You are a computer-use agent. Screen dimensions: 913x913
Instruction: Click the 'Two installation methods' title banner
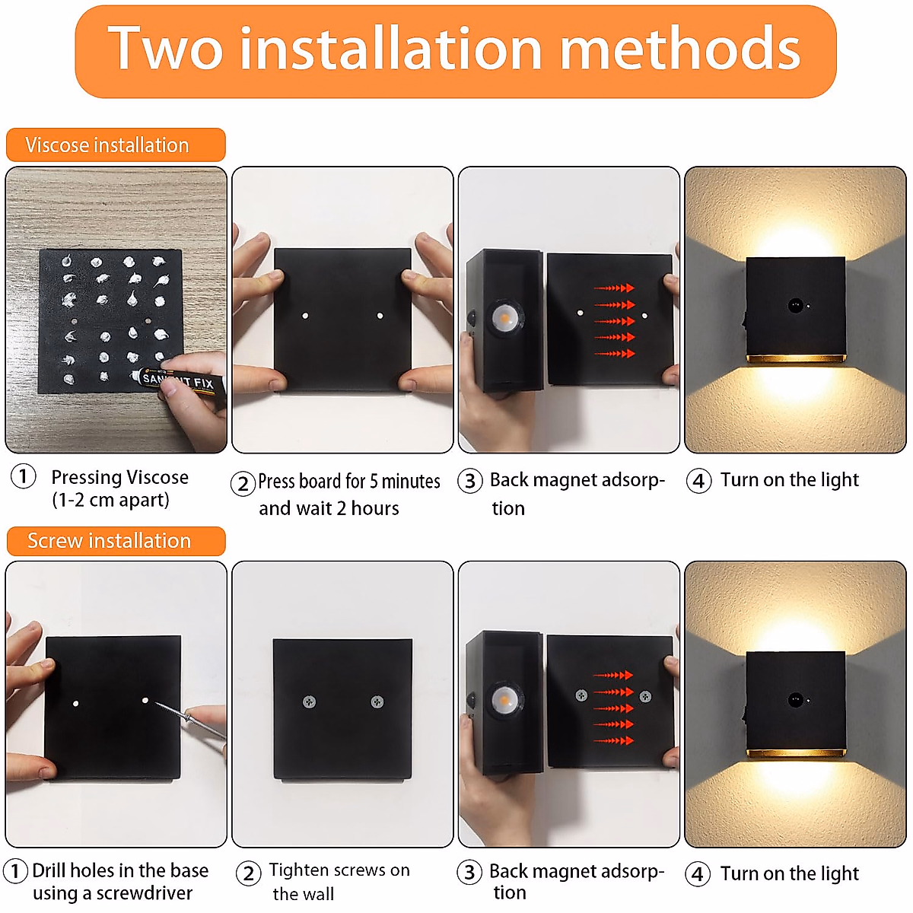[455, 50]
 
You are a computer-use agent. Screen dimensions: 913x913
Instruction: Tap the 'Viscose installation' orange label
[115, 145]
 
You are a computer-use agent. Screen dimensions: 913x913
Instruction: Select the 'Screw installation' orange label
[115, 541]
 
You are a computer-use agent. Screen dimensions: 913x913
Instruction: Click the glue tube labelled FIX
[183, 380]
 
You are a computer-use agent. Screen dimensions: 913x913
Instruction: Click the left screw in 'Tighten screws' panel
[309, 701]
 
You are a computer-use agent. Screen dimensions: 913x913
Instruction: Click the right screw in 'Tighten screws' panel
[377, 701]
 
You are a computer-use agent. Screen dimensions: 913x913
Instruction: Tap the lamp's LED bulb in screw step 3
[501, 698]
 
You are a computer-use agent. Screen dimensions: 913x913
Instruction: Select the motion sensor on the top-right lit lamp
[795, 306]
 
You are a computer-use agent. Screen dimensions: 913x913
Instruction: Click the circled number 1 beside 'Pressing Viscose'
[23, 477]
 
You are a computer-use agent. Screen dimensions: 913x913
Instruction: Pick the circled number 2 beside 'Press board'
[243, 483]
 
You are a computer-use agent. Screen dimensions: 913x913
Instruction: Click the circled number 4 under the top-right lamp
[698, 481]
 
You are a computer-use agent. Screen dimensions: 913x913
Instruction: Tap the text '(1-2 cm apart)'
[110, 501]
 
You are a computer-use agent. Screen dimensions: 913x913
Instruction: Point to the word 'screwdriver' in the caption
[144, 893]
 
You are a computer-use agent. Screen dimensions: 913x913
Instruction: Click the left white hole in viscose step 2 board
[304, 315]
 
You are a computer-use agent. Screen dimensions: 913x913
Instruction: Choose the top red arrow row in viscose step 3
[614, 288]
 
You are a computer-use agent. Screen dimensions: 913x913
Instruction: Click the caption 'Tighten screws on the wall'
[339, 881]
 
